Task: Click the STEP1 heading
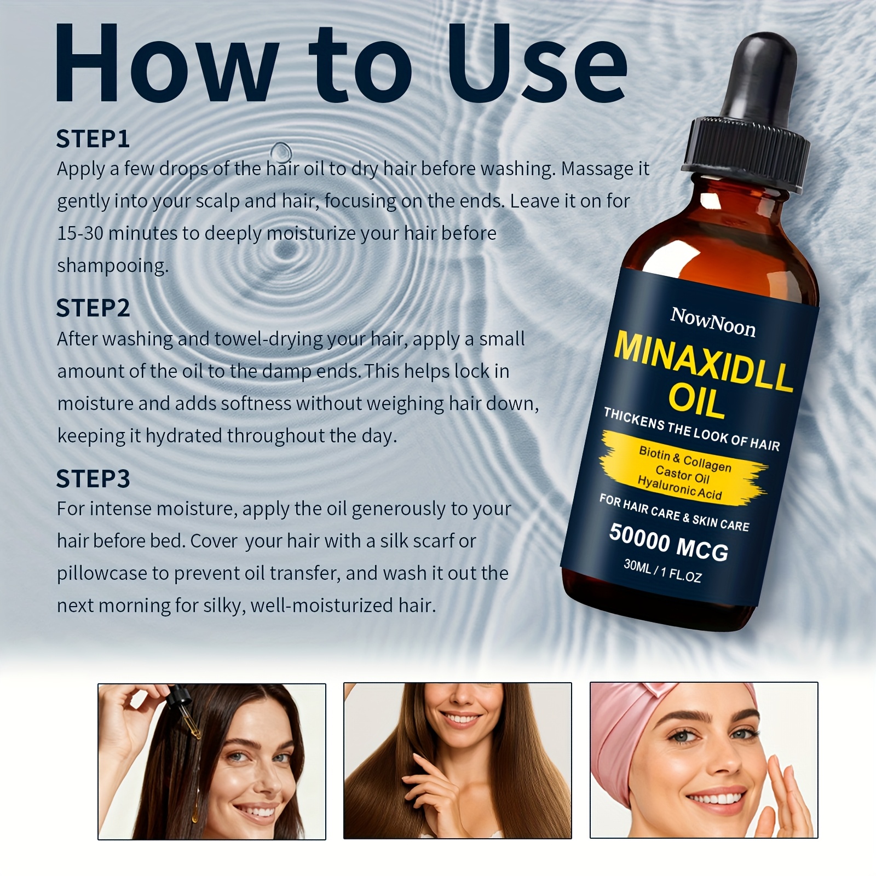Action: coord(93,139)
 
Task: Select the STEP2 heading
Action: coord(93,308)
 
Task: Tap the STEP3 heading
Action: coord(93,479)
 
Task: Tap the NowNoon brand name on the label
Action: coord(713,322)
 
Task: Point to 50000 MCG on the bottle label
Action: coord(668,542)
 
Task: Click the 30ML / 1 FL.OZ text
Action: coord(662,571)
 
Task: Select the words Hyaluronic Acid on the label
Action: coord(679,487)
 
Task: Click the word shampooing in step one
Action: coord(113,266)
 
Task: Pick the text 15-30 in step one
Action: coord(80,234)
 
